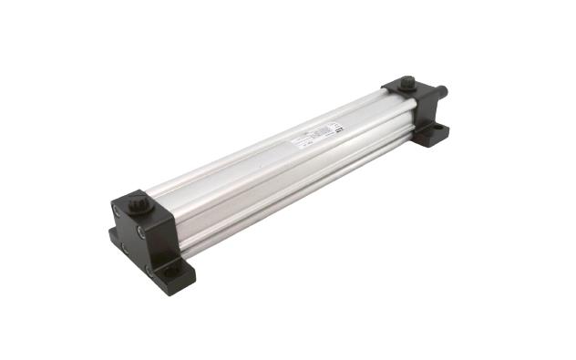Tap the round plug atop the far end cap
click(x=407, y=84)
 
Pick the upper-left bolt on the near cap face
click(x=115, y=211)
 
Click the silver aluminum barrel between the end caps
click(x=273, y=173)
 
